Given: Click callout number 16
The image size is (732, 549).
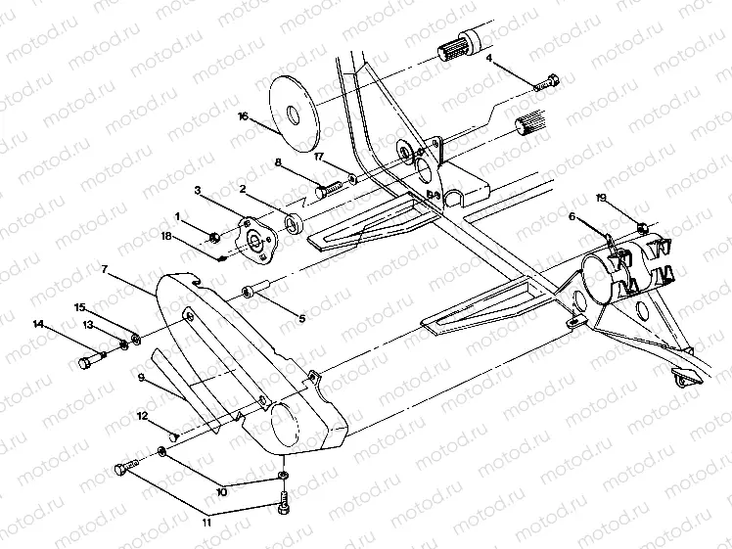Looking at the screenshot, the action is [x=244, y=115].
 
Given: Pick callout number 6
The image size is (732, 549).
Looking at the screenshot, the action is [x=572, y=217].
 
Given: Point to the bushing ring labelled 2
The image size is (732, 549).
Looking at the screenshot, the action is [x=294, y=221].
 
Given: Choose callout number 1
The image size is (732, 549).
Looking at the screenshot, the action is [x=178, y=215].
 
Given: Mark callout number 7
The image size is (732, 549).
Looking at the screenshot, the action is [x=105, y=267].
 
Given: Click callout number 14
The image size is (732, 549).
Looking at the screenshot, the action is [x=38, y=323].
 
